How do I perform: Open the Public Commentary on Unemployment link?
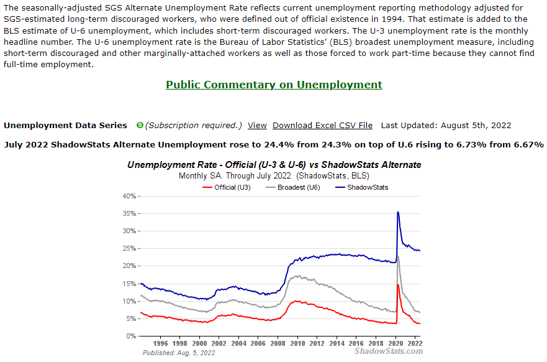click(274, 85)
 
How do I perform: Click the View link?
click(257, 125)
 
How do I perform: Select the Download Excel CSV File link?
click(322, 125)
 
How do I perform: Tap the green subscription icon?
click(140, 125)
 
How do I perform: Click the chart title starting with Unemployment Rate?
click(274, 165)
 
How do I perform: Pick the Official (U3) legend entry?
click(232, 187)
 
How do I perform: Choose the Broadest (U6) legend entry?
click(299, 187)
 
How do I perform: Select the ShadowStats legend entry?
click(368, 187)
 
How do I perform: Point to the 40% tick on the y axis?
click(129, 196)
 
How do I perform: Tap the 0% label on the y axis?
click(130, 336)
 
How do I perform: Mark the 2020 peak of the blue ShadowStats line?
click(397, 213)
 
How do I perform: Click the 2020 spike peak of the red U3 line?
click(397, 285)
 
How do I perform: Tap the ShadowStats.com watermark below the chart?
click(389, 351)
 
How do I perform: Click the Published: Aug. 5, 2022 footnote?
click(179, 353)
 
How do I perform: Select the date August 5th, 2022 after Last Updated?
click(476, 125)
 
